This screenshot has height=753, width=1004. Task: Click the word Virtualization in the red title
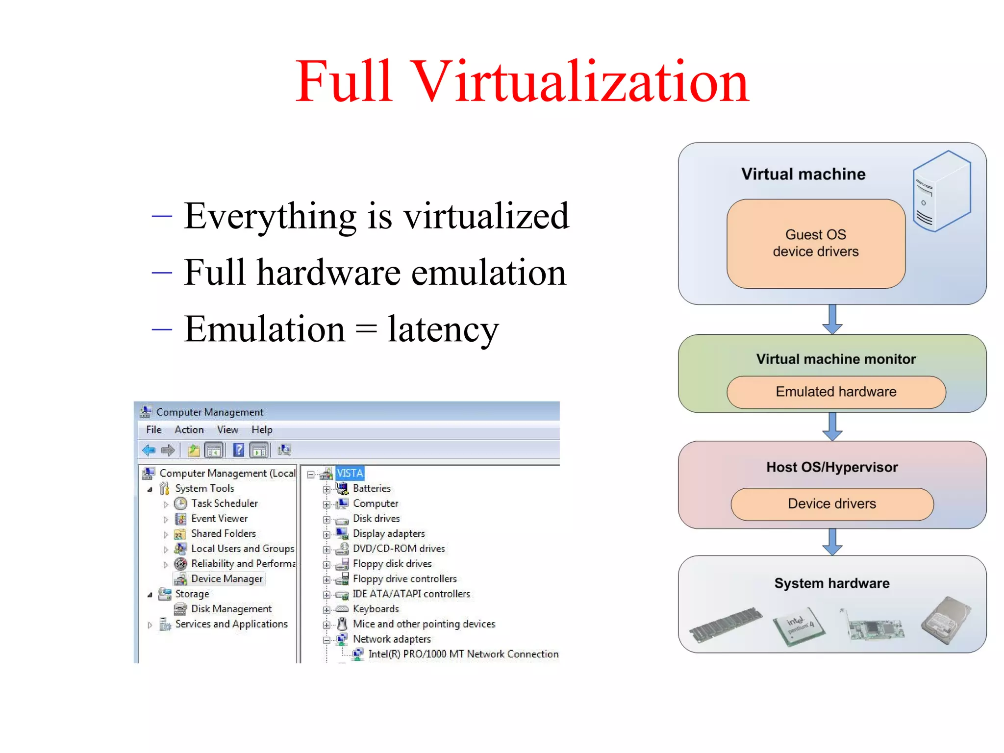coord(580,82)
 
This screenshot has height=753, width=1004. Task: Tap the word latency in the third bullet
coord(443,329)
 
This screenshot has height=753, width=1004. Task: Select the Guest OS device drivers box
coord(816,244)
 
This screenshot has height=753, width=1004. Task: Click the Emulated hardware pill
coord(836,392)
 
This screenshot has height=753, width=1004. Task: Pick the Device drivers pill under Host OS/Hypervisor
coord(832,503)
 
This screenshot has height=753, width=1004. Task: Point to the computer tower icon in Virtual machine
coord(941,191)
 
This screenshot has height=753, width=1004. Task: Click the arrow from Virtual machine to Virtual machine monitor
coord(832,319)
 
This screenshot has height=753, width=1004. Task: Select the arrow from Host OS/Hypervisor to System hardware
coord(832,542)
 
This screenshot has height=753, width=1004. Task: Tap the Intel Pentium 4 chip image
coord(799,626)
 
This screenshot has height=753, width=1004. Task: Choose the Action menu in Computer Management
coord(189,430)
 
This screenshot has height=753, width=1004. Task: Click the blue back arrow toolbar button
coord(149,450)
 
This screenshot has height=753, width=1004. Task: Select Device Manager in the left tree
coord(226,579)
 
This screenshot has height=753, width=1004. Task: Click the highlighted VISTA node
coord(350,474)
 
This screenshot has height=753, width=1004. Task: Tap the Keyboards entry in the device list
coord(376,609)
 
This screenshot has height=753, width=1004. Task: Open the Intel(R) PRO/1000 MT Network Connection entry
coord(463,654)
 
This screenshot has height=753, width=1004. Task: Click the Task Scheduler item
coord(224,503)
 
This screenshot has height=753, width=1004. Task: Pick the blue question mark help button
coord(239,450)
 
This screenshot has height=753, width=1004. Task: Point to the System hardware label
coord(832,583)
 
